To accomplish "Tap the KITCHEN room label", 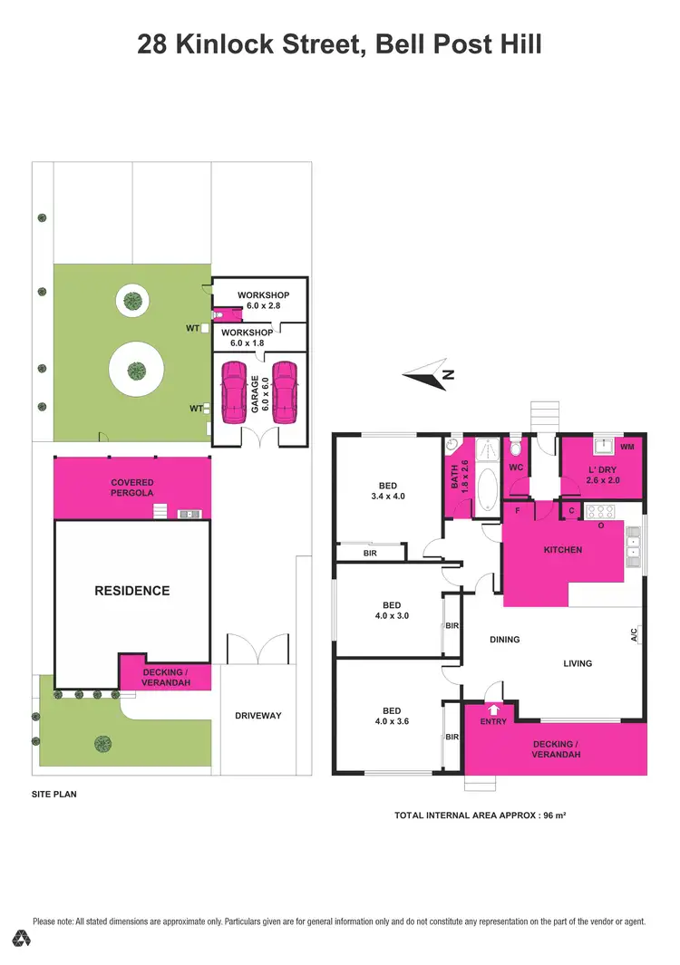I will (x=563, y=550).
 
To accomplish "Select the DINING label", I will (x=505, y=640).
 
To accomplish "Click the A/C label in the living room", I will (x=635, y=637).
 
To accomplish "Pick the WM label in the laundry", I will (x=627, y=447).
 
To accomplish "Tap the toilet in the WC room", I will (x=515, y=448).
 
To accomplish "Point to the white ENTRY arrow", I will (x=492, y=709).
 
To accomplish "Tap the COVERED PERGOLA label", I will (x=133, y=487).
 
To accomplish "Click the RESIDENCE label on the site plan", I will (x=132, y=591).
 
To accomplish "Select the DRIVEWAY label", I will (x=258, y=716).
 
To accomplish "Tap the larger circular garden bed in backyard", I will (x=136, y=370).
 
